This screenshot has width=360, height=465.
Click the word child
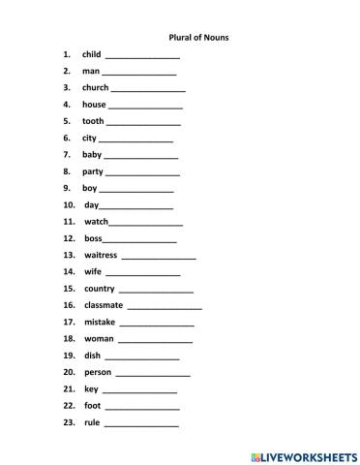pos(91,54)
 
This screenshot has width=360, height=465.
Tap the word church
pos(95,87)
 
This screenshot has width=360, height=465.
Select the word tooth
pos(93,121)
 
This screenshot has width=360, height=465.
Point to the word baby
pos(92,154)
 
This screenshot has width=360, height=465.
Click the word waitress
pos(101,255)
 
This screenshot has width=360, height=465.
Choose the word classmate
pos(104,305)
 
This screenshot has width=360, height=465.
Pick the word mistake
pos(100,322)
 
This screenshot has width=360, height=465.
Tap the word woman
pos(99,338)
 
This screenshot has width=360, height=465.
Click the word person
pos(98,372)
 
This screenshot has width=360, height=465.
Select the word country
pos(100,289)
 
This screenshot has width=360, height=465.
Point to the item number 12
pos(69,238)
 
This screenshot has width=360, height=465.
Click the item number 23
pos(69,422)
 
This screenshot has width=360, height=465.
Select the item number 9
pos(67,188)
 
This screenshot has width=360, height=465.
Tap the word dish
pos(92,356)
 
